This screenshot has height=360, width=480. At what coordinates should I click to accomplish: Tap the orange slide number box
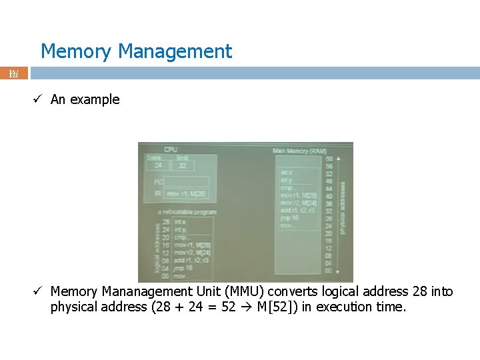(x=14, y=73)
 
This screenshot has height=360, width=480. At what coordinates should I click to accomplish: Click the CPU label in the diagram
(x=171, y=149)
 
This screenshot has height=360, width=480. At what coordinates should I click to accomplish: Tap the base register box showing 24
(x=157, y=166)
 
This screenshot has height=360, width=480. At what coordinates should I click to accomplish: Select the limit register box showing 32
(x=182, y=166)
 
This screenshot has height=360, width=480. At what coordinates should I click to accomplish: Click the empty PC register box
(x=186, y=181)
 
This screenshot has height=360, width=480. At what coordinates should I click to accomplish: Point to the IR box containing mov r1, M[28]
(x=186, y=194)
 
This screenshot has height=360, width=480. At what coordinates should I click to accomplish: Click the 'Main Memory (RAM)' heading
(x=299, y=151)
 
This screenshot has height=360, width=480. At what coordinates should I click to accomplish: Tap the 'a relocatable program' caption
(x=187, y=212)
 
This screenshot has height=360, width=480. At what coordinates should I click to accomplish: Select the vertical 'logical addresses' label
(x=157, y=247)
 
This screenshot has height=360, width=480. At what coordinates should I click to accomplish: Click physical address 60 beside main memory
(x=329, y=159)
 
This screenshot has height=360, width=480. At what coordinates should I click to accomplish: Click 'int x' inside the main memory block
(x=287, y=173)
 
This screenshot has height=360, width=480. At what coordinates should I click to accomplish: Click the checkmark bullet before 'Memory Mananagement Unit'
(x=39, y=291)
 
